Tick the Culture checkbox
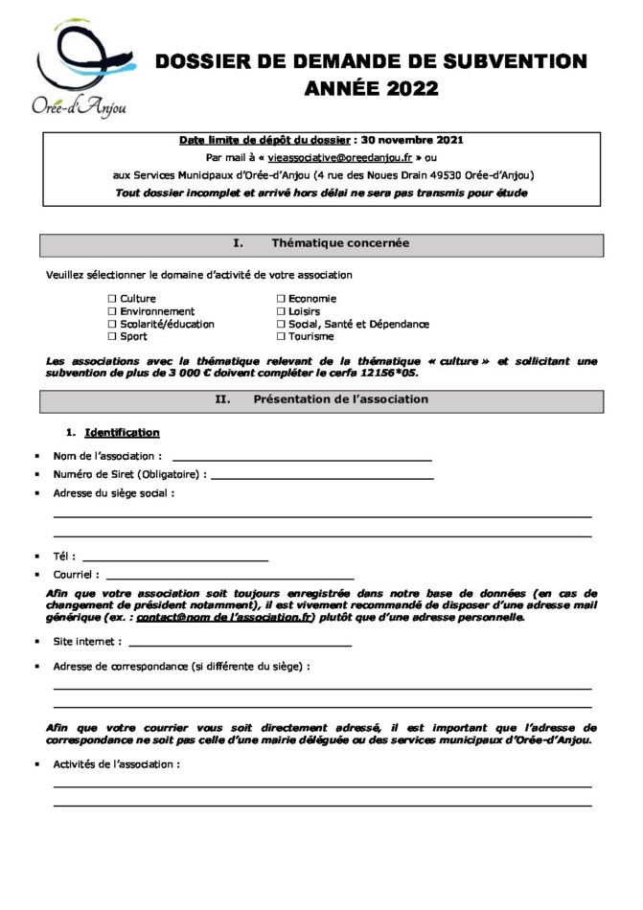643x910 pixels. tap(112, 299)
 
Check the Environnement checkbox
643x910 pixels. tap(112, 311)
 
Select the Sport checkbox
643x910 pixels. tap(112, 336)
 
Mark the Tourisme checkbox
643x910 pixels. tap(281, 336)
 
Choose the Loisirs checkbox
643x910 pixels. tap(281, 311)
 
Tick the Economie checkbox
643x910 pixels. tap(281, 299)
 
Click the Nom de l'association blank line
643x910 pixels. tap(301, 458)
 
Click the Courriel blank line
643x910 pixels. tap(230, 577)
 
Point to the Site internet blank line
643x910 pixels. tap(240, 645)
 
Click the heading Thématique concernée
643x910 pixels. tap(340, 243)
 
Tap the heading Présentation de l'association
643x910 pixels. tap(340, 398)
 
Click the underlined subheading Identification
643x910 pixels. tap(122, 433)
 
